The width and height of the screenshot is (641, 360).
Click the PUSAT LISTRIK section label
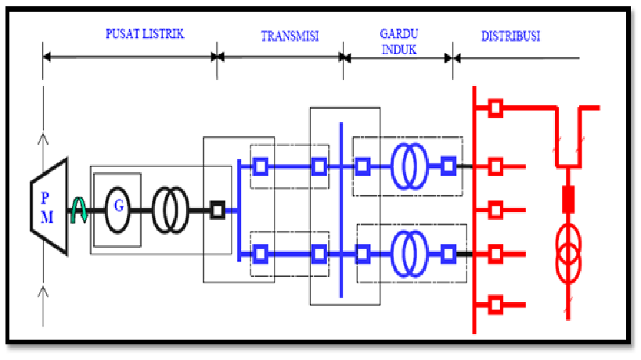[145, 34]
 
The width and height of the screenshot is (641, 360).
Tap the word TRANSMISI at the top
[290, 36]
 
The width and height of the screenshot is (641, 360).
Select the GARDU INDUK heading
[399, 41]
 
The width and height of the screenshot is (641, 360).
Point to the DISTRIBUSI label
[510, 36]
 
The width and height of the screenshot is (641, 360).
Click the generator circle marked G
[117, 210]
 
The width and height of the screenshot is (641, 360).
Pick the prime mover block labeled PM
[49, 207]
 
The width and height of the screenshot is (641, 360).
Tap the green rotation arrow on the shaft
[79, 210]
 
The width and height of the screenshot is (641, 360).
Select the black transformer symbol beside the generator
[171, 210]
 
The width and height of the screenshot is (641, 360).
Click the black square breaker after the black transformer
[218, 210]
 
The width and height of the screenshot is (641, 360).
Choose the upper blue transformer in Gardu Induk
[409, 166]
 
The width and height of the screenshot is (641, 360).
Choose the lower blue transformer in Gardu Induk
[409, 254]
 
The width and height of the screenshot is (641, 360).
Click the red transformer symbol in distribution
[568, 254]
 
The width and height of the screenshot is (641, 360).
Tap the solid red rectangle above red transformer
[568, 200]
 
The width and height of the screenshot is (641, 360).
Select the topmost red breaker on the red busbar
[495, 108]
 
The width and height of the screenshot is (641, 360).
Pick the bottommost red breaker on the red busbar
[495, 305]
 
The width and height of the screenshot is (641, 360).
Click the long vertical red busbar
[474, 210]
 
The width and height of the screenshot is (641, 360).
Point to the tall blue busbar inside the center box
[341, 210]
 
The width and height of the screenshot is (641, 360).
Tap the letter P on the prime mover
[45, 198]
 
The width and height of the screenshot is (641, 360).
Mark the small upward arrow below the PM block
[43, 292]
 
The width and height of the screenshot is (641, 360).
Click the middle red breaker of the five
[495, 210]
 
